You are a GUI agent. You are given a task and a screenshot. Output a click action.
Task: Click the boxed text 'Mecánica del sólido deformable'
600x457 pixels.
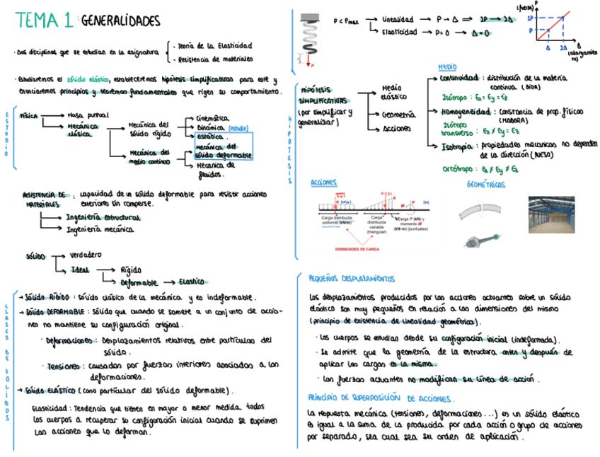point(223,150)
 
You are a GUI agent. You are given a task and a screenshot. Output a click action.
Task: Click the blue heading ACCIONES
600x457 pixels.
point(324,183)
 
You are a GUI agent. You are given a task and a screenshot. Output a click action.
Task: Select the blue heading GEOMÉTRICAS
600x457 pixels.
point(486,185)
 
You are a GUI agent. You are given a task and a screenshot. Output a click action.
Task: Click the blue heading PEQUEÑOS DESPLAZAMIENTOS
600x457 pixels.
point(351,278)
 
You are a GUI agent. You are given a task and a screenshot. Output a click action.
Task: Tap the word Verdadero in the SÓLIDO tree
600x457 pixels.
point(86,255)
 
